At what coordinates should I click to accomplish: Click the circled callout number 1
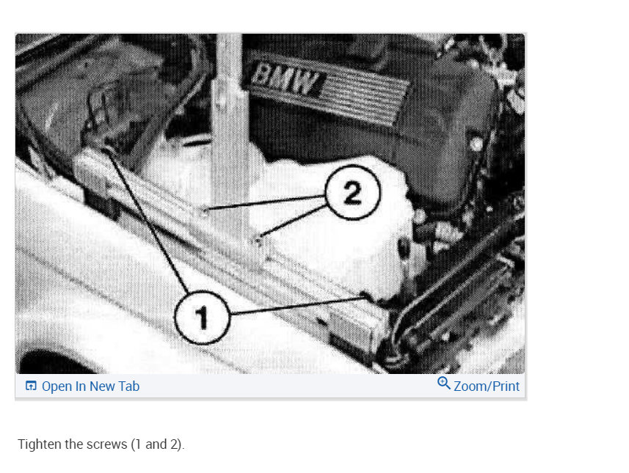tap(202, 317)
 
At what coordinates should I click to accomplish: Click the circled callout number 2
tap(352, 192)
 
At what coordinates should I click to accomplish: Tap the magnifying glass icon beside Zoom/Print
tap(443, 383)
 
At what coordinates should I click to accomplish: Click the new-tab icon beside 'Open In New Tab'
tap(31, 386)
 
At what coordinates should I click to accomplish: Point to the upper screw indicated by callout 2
tap(205, 210)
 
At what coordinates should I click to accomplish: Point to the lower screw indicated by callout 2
tap(258, 241)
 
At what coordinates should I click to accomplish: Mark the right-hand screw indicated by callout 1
tap(366, 296)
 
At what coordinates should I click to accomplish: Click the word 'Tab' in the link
tap(128, 386)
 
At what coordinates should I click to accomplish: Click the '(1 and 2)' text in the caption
tap(158, 444)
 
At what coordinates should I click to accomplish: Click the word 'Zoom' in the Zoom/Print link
tap(470, 386)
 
